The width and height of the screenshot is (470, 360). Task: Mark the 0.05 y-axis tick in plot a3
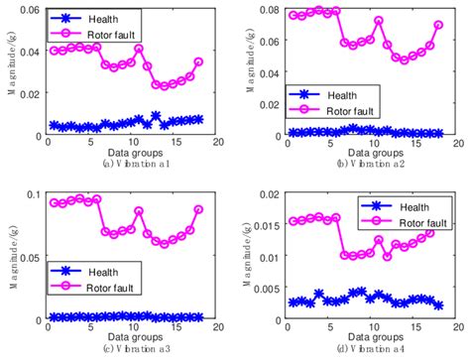click(30, 257)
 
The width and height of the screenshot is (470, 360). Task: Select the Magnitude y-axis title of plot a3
click(8, 258)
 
